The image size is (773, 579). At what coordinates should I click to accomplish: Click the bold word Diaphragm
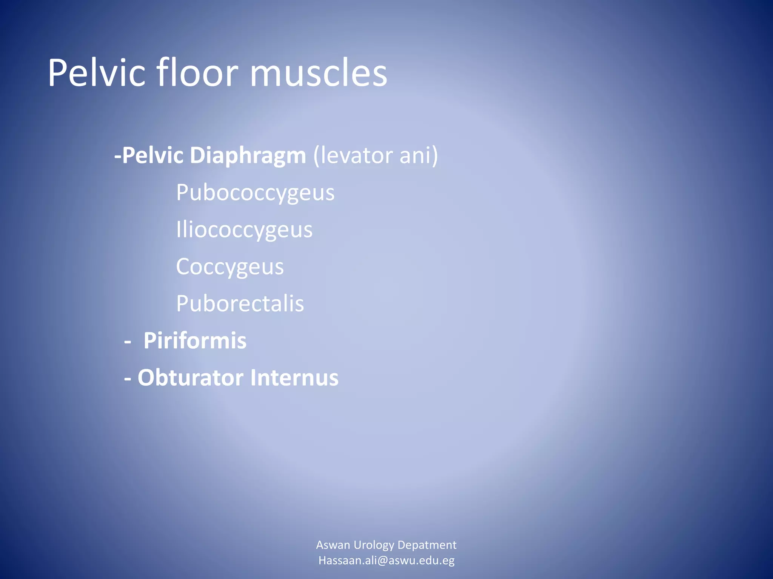point(248,156)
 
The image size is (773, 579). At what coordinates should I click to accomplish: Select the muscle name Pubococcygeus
point(255,193)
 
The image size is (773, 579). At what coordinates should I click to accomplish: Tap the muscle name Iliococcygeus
point(244,230)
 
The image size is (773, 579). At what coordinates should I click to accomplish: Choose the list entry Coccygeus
point(229,267)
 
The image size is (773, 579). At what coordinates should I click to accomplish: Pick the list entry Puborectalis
point(240,303)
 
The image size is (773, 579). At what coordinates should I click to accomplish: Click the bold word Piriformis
point(195,341)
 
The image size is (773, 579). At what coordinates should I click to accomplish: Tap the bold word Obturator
point(190,377)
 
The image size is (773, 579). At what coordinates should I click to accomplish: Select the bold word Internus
point(294,377)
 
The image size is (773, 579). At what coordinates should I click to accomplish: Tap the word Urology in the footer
point(374,545)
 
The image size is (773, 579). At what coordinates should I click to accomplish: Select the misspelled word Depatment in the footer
point(427,545)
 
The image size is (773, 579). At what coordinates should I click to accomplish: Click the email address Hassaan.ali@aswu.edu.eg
point(386,561)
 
